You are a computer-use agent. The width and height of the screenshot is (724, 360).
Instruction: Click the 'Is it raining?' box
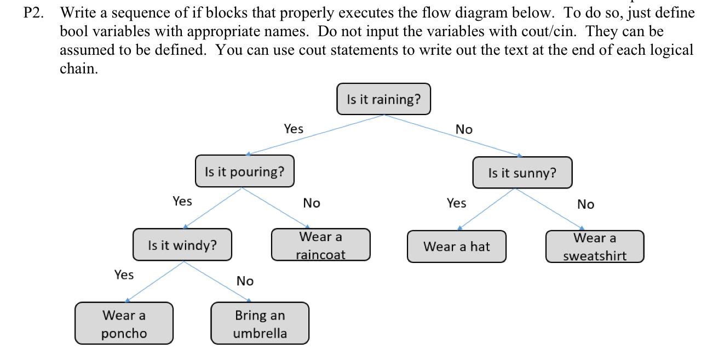tap(383, 99)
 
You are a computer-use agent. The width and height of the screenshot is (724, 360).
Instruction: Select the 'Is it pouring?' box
tap(244, 172)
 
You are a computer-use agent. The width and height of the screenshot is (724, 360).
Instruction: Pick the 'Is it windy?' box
tap(182, 245)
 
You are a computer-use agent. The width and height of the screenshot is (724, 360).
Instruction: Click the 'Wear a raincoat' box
tap(320, 245)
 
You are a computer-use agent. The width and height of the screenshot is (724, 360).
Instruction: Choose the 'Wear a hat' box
tap(456, 247)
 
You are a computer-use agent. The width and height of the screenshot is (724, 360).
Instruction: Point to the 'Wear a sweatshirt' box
tap(594, 247)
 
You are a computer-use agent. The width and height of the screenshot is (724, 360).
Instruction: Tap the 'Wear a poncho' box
tap(124, 324)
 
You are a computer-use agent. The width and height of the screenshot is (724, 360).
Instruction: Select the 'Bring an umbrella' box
tap(260, 324)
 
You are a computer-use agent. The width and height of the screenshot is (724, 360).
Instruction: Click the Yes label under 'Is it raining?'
tap(294, 129)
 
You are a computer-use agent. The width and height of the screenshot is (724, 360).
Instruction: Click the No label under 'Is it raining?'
tap(464, 129)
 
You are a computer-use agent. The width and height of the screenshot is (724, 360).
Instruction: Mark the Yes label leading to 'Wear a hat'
tap(456, 203)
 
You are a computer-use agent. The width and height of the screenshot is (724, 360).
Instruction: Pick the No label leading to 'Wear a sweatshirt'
tap(585, 204)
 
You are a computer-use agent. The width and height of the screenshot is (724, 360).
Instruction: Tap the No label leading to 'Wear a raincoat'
tap(312, 203)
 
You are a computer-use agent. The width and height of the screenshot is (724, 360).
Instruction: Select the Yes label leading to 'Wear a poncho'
tap(124, 275)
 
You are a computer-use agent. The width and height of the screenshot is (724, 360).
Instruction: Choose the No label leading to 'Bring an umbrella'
tap(245, 281)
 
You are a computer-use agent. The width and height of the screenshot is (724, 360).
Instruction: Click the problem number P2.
tap(34, 13)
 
